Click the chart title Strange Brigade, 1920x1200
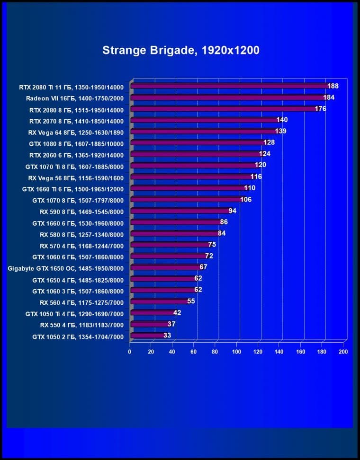pos(181,50)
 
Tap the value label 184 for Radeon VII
pos(329,97)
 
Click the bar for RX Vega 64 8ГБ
pos(204,132)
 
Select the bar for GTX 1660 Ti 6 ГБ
pos(187,188)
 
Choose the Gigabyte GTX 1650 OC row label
pos(66,268)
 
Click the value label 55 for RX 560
pos(191,301)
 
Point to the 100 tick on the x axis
pos(236,352)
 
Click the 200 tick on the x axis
pos(343,352)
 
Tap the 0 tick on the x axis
pos(129,352)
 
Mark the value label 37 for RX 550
pos(171,324)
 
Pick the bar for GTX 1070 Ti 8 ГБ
pos(193,166)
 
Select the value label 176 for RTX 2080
pos(320,108)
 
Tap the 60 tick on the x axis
pos(194,352)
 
